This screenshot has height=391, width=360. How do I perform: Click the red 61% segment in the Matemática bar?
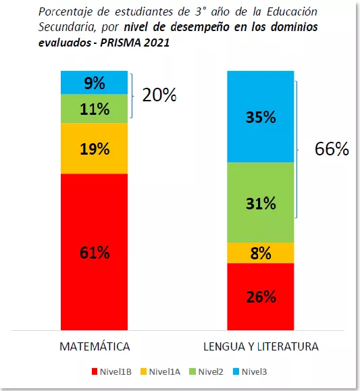tap(95, 253)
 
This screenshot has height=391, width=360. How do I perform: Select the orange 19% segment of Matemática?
tap(95, 149)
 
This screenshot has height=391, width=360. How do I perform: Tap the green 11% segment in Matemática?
tap(95, 108)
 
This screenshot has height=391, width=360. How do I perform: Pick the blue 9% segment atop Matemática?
tap(95, 82)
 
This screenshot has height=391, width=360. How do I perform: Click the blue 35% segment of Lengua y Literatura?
tap(260, 117)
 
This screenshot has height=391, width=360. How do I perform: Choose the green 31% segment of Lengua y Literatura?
tap(260, 203)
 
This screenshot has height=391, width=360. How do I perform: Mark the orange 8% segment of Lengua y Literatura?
tap(260, 253)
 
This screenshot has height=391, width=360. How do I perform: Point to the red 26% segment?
tap(260, 296)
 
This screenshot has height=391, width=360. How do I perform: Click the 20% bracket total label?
tap(159, 95)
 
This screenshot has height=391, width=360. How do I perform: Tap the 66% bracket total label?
tap(332, 149)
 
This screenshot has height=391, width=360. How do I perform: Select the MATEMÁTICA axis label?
tap(95, 346)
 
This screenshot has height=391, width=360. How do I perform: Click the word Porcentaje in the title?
tap(67, 12)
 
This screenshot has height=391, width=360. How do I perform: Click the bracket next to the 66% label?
tap(298, 149)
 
